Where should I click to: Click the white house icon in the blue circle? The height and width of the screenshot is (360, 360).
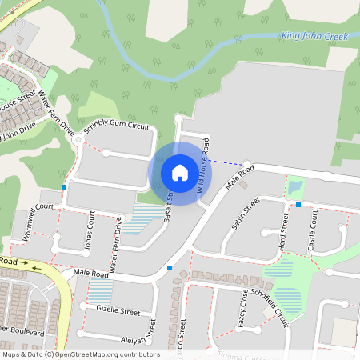pos(180,172)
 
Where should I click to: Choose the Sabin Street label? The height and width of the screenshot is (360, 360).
pos(246,214)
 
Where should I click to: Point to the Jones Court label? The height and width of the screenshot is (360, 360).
pos(90,234)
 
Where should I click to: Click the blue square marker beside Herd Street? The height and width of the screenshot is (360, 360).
pos(298,205)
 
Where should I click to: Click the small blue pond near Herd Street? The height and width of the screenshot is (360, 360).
pos(295,187)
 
